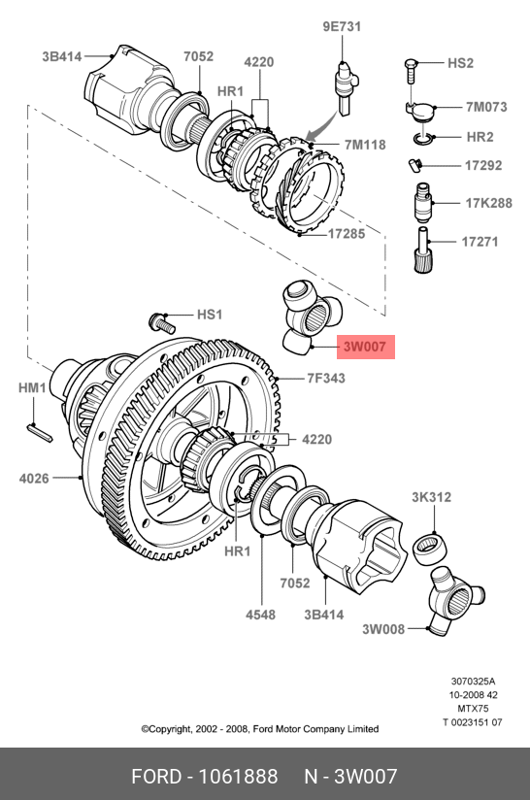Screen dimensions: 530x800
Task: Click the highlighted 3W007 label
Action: click(x=365, y=347)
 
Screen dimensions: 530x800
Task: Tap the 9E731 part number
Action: click(x=342, y=26)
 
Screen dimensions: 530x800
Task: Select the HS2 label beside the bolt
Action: click(x=460, y=63)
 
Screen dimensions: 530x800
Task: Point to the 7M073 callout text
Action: click(x=486, y=107)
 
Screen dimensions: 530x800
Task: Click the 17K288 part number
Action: click(x=488, y=203)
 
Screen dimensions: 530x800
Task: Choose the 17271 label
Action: click(x=480, y=242)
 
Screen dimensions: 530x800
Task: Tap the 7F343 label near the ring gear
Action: click(x=326, y=378)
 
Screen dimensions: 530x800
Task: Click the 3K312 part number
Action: click(x=432, y=497)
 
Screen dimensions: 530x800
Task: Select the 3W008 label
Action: click(x=383, y=629)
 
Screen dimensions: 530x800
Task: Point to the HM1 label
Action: click(x=33, y=387)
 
